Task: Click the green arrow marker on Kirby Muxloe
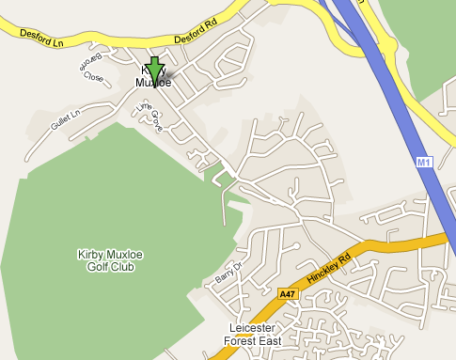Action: coord(155,71)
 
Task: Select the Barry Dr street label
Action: coord(228,274)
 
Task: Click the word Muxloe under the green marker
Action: coord(152,82)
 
